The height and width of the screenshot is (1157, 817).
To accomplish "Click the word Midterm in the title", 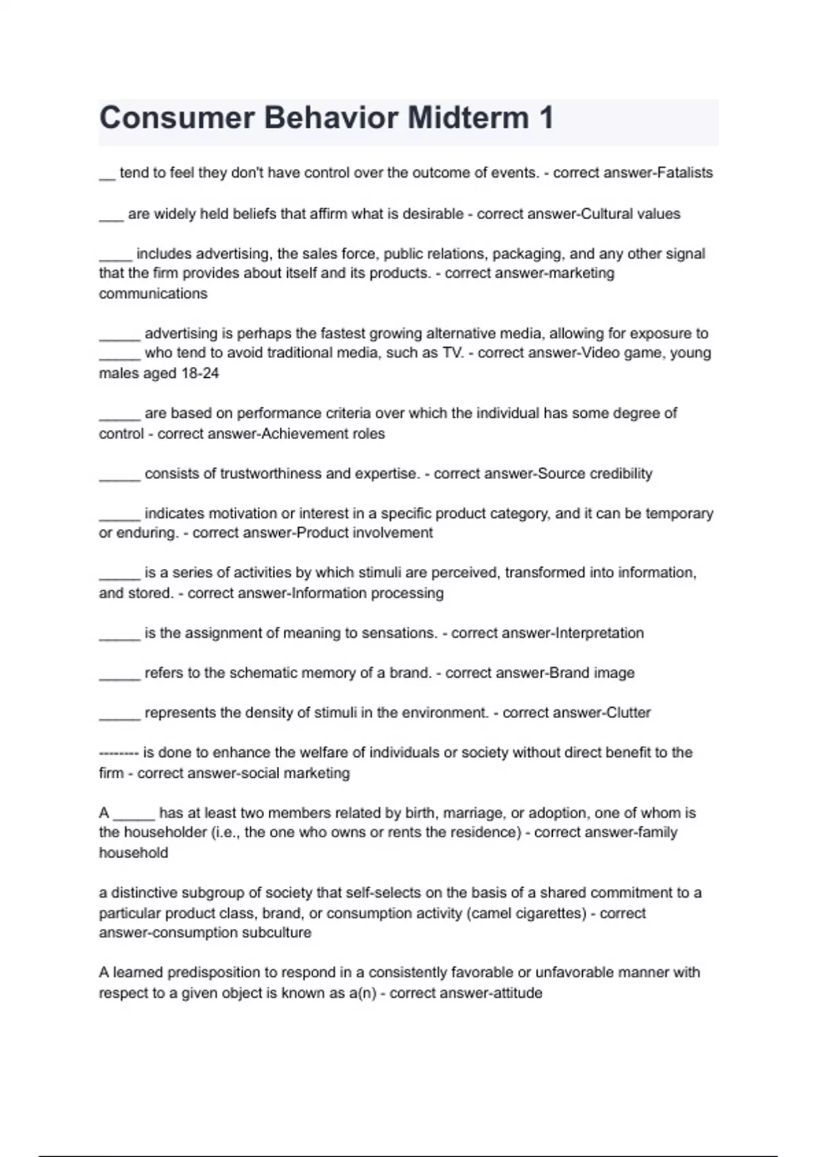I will pyautogui.click(x=468, y=118).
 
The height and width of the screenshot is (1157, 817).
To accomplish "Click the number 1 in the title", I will pyautogui.click(x=546, y=118).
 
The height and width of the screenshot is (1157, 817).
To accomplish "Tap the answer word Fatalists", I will pyautogui.click(x=683, y=173).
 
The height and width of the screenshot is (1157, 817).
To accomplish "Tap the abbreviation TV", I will pyautogui.click(x=453, y=353).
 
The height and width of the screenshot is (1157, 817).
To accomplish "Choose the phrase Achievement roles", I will pyautogui.click(x=323, y=434).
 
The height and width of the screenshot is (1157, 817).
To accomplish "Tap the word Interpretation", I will pyautogui.click(x=600, y=633).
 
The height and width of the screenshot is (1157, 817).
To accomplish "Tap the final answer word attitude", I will pyautogui.click(x=517, y=993).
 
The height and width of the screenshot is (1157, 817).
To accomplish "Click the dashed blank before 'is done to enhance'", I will pyautogui.click(x=118, y=753).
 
